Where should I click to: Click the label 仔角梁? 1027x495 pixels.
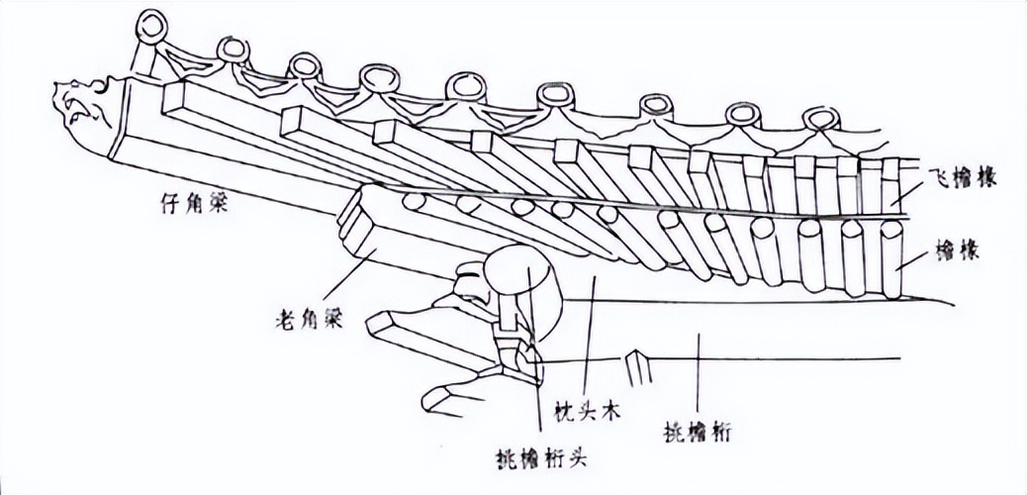point(190,205)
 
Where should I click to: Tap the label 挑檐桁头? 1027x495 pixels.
point(533,458)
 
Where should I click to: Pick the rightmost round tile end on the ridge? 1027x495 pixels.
point(819,122)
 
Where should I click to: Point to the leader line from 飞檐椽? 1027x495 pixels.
point(908,192)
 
